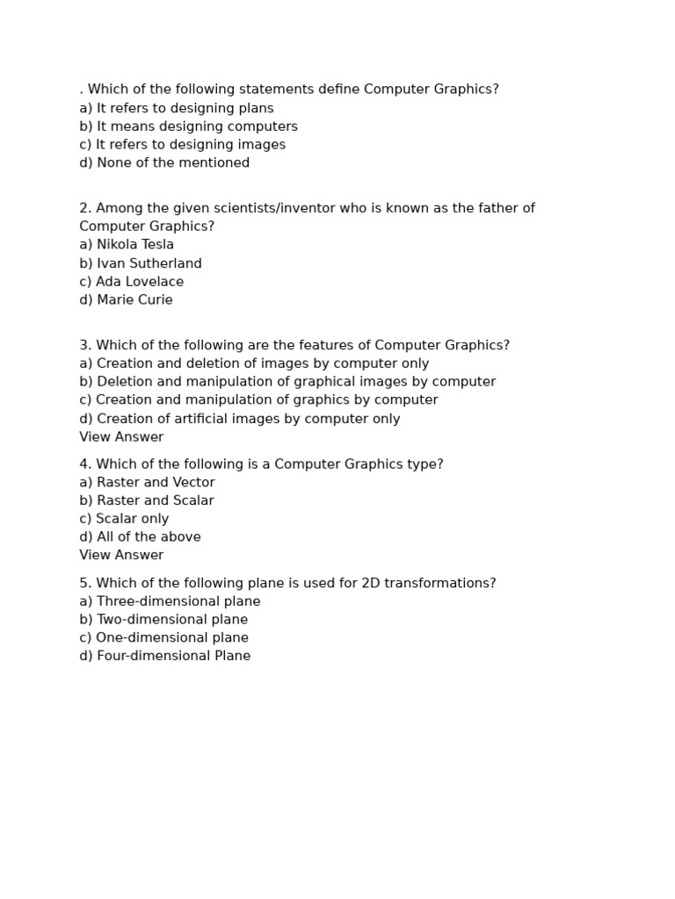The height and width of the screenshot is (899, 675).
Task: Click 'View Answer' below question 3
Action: click(x=121, y=437)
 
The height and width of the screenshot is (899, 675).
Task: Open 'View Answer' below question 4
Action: click(x=121, y=555)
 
